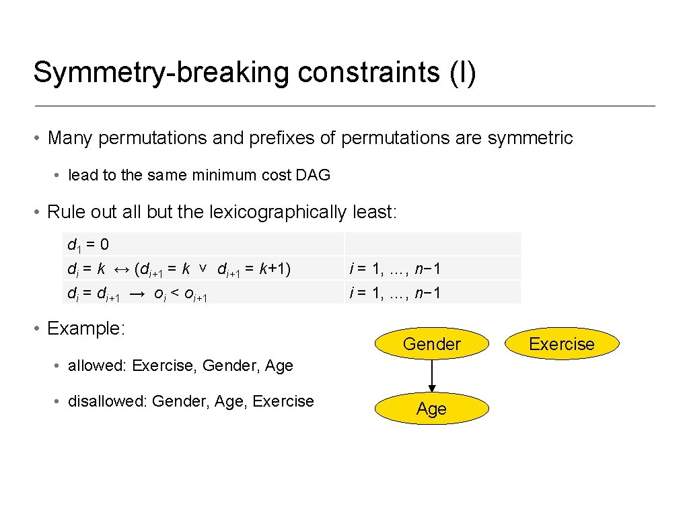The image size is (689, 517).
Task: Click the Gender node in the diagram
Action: [431, 344]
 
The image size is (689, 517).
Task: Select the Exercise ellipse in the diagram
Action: [561, 344]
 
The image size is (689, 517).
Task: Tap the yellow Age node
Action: [431, 409]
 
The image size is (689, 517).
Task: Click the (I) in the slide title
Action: [463, 73]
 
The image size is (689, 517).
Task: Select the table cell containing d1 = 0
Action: [203, 243]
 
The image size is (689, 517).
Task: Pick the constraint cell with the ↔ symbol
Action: [203, 269]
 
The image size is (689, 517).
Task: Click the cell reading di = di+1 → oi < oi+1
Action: [203, 293]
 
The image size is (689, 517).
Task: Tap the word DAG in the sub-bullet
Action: [313, 175]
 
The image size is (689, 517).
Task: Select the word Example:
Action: [86, 329]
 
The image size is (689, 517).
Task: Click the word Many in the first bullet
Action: [71, 138]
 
